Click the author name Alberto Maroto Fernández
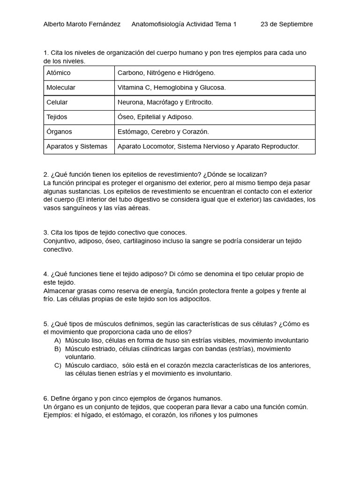point(82,24)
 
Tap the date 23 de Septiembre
point(286,24)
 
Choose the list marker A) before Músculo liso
point(58,340)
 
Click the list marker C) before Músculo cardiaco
point(58,366)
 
